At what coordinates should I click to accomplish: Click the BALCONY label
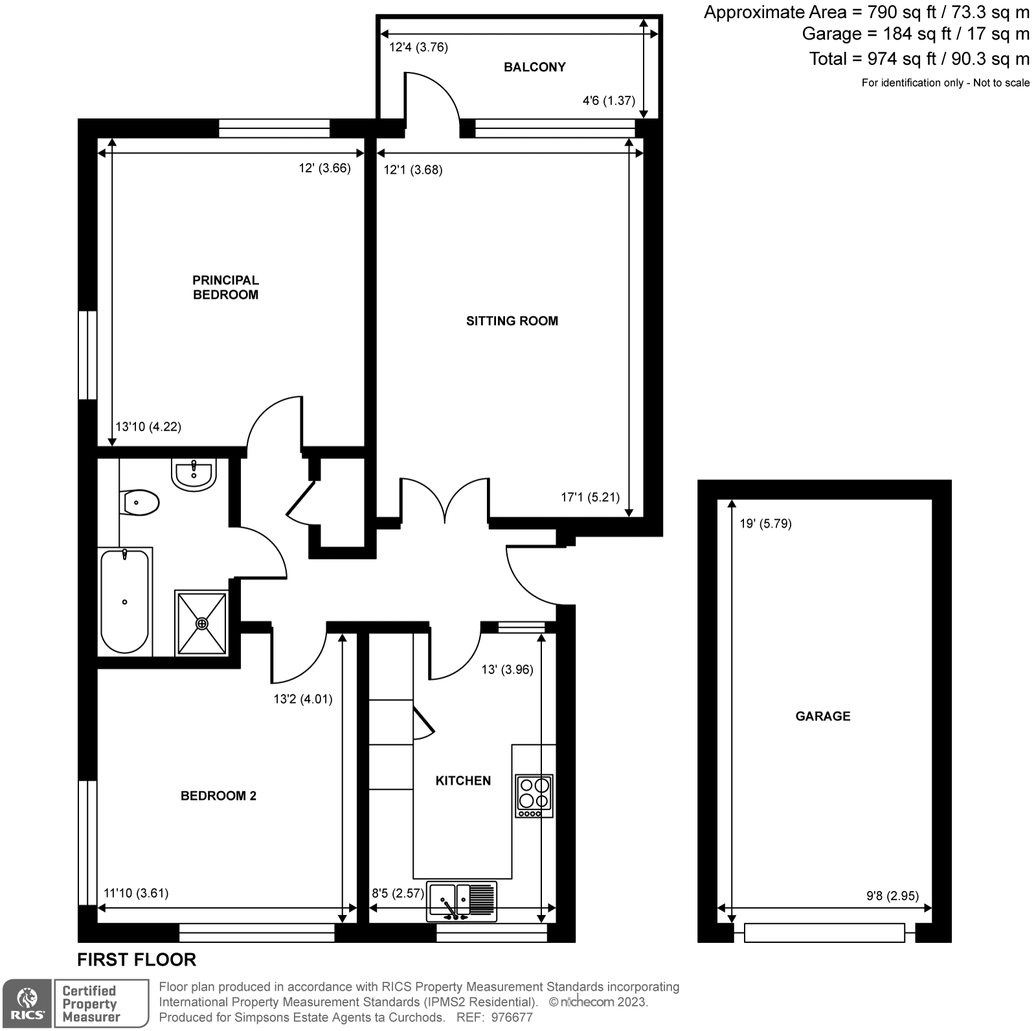point(534,67)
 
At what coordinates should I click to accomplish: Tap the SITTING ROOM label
point(512,321)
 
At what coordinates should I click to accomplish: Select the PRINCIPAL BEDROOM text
point(225,287)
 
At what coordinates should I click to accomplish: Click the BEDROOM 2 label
point(218,795)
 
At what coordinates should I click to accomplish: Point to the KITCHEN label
point(463,780)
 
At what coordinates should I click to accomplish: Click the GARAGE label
point(822,716)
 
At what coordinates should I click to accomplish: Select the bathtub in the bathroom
point(125,601)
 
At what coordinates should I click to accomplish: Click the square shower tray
point(202,623)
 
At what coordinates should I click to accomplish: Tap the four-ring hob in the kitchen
point(534,795)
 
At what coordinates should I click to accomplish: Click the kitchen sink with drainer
point(461,901)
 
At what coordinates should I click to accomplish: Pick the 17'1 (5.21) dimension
point(590,497)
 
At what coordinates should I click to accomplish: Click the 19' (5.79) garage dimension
point(765,523)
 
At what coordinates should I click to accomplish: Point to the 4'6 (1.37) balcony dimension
point(609,100)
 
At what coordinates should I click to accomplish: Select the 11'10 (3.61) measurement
point(136,893)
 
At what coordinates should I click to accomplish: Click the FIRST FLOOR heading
point(136,959)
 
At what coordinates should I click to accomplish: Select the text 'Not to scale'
point(1001,82)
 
